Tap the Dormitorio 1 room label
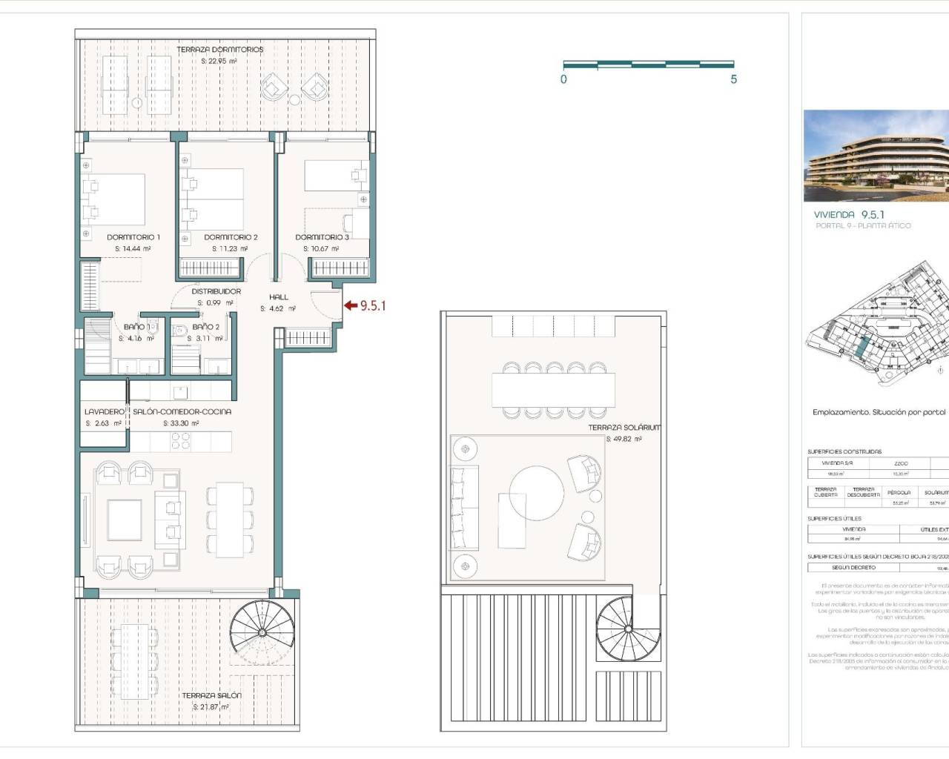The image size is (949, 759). [133, 237]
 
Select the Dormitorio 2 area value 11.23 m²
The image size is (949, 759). [231, 249]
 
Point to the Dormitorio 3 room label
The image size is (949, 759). [322, 237]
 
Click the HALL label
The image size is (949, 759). [279, 297]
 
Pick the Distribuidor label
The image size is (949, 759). [216, 291]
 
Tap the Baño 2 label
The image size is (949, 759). [205, 327]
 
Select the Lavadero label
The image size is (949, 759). [105, 411]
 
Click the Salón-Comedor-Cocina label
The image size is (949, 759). [182, 411]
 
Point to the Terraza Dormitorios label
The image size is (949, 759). [219, 50]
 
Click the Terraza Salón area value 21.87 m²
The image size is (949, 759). [211, 707]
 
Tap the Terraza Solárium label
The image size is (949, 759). [624, 428]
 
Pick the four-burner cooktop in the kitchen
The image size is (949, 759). [181, 442]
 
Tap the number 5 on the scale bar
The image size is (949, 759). [733, 79]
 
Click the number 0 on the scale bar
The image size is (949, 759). [563, 79]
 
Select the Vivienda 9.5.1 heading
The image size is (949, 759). [849, 214]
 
